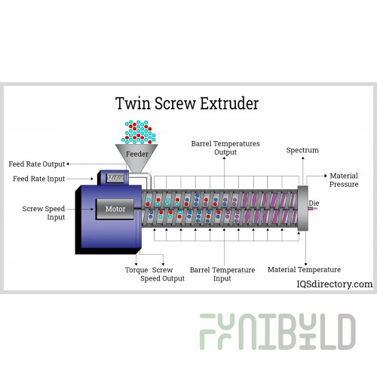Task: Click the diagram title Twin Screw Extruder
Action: [187, 103]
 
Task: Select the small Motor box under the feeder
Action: [115, 178]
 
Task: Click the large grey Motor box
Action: [115, 209]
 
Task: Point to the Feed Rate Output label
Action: [37, 164]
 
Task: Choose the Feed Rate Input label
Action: [39, 179]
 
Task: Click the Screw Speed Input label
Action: [44, 213]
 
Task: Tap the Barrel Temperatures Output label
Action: [225, 148]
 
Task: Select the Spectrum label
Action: [302, 150]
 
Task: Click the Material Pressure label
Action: [344, 180]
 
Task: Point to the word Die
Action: [314, 203]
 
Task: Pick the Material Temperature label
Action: [304, 270]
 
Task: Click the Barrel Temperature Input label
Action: [222, 274]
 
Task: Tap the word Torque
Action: [136, 270]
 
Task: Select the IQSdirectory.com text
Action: [335, 284]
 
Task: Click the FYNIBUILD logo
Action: [277, 332]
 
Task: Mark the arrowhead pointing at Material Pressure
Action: [326, 176]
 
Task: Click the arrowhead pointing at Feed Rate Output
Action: [68, 164]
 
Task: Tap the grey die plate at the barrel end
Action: [302, 208]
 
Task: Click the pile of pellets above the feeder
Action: [139, 132]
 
